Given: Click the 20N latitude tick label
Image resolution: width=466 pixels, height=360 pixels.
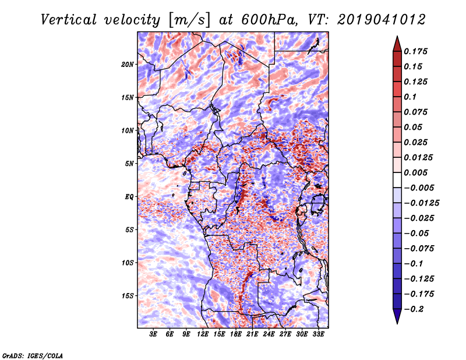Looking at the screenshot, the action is coord(128,64).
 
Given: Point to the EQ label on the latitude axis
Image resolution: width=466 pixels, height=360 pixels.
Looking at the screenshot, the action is coord(129,197).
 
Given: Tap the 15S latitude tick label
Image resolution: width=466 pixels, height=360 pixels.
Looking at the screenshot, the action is coord(128,296).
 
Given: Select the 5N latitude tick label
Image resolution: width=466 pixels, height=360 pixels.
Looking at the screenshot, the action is coord(129,164).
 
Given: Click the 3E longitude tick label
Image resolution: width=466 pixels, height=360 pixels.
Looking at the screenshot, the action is coord(153,334).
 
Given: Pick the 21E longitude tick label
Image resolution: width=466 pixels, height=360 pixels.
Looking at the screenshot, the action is coord(252,334).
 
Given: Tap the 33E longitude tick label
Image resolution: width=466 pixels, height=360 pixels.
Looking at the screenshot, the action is coord(318,334).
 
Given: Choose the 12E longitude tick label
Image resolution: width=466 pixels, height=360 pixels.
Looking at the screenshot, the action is coord(203,334).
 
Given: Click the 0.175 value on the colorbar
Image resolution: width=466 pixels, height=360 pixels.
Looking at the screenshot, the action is coord(415,51).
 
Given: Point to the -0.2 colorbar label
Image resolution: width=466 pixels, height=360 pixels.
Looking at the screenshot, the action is coord(414,309).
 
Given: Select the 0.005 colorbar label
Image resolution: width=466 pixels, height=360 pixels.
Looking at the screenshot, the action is coord(415,172).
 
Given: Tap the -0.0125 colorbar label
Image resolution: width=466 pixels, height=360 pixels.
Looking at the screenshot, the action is coord(421,203).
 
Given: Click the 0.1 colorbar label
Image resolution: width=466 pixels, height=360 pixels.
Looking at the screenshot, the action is coord(410,97).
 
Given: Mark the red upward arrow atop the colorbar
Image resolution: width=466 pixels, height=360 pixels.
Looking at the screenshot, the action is coord(397,44).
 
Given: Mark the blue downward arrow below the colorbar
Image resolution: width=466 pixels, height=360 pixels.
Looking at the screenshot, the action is coord(397,316).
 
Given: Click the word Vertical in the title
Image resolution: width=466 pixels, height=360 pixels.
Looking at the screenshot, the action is coord(69,20).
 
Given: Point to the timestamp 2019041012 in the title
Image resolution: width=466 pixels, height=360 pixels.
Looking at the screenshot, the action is coord(382,20).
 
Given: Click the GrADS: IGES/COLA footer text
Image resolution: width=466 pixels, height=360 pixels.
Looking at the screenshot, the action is coord(33,355).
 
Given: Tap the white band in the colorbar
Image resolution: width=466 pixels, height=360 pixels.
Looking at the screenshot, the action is coord(397,180).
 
